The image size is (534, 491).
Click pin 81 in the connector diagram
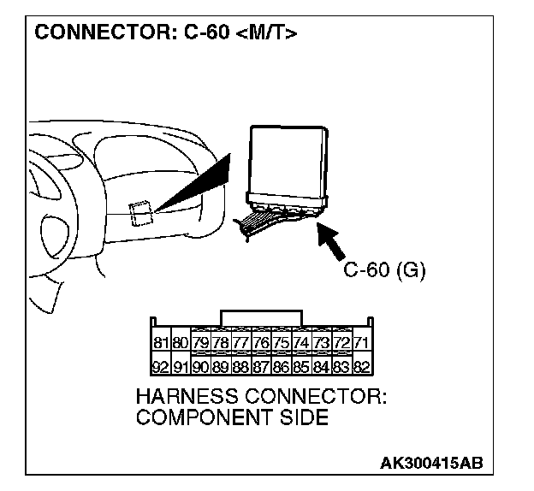[x=159, y=343]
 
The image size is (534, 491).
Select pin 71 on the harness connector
[x=361, y=343]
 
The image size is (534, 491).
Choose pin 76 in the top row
[x=260, y=343]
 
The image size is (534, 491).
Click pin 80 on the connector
[x=180, y=343]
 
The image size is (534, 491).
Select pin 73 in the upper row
[x=321, y=343]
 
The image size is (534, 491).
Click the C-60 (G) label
[x=384, y=270]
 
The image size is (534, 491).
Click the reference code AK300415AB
[x=431, y=463]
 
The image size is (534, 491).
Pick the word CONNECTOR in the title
[x=93, y=34]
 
